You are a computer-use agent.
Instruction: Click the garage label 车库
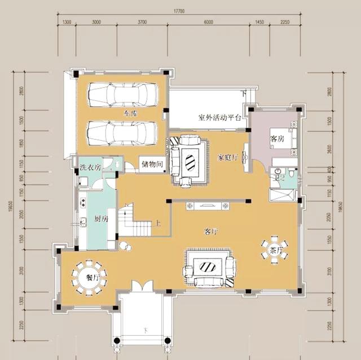131,114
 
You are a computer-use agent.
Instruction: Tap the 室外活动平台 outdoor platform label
220,118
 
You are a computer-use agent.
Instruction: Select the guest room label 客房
276,138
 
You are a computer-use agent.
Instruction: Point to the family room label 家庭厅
228,157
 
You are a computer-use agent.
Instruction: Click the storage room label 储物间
152,165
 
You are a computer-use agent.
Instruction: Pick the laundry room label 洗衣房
90,167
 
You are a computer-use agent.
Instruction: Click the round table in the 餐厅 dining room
89,278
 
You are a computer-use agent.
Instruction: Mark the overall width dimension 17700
179,11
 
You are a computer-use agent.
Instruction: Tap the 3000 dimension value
96,22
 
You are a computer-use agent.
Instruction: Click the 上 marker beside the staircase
159,222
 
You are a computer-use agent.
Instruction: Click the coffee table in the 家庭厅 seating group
190,162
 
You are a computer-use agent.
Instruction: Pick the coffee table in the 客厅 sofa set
208,266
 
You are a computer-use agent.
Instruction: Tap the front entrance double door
142,286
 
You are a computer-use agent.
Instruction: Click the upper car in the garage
122,94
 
